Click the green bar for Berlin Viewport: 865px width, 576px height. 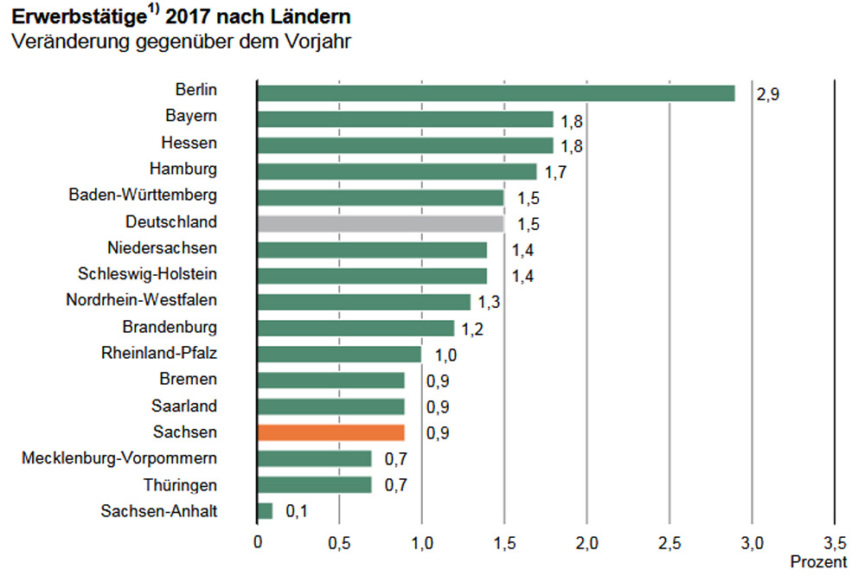[496, 93]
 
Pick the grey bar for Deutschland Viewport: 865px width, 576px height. [381, 224]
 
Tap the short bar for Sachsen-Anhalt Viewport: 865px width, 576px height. [265, 511]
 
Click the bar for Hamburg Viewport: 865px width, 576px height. [397, 171]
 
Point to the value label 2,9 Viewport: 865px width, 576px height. [768, 94]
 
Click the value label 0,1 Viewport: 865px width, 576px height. [297, 512]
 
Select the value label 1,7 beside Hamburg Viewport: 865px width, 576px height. [555, 172]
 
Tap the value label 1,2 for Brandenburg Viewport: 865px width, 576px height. [472, 329]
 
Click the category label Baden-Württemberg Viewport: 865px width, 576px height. [143, 195]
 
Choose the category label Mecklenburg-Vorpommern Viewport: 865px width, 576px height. [119, 458]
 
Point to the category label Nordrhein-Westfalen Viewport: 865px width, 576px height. [141, 301]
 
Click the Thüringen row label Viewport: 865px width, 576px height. [181, 484]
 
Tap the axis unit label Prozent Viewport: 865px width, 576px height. [819, 562]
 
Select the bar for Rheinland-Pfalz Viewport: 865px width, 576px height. [339, 355]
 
